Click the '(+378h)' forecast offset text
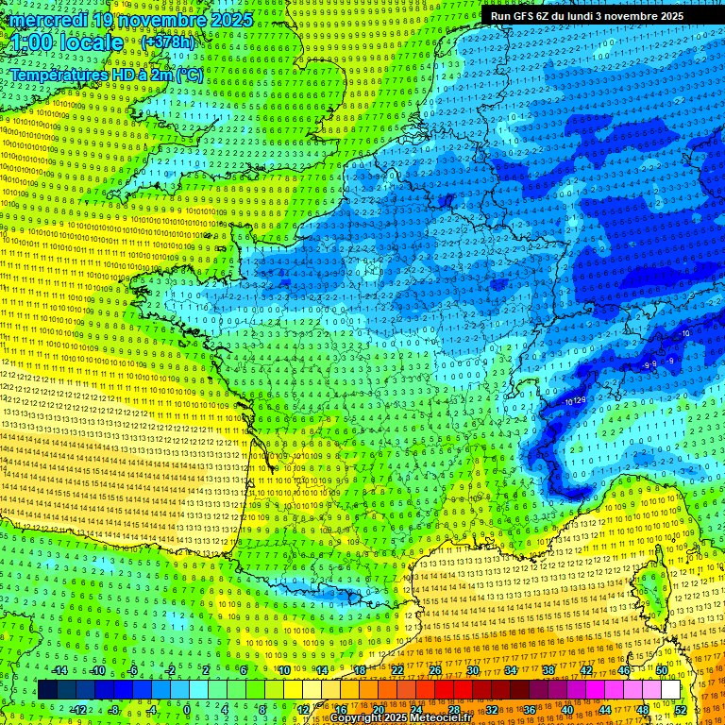point(168,42)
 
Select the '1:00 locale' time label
point(67,43)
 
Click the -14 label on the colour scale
point(59,670)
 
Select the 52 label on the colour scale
point(681,709)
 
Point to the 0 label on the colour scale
point(187,709)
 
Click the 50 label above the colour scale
point(662,670)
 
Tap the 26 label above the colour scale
point(435,670)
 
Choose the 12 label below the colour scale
point(303,709)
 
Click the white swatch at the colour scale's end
point(670,690)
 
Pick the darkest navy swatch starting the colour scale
point(47,690)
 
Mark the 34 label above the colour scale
point(511,670)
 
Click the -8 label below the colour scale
point(113,709)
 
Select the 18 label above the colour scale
point(360,670)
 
